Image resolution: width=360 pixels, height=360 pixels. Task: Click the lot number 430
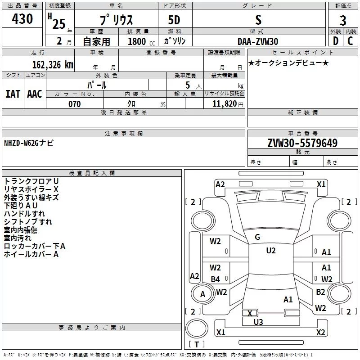(x=23, y=19)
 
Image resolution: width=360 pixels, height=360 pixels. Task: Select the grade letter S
(x=258, y=19)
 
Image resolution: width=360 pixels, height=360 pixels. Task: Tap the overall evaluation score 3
(x=343, y=20)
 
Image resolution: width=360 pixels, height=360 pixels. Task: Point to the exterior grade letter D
(x=335, y=41)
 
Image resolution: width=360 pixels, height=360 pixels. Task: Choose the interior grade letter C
(x=350, y=41)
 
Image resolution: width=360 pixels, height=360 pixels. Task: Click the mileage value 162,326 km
(x=52, y=64)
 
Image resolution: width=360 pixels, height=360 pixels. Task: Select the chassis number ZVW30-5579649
(x=302, y=144)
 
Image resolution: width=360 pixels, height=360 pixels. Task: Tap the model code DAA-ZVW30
(x=258, y=41)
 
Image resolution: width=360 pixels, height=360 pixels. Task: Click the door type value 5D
(x=174, y=20)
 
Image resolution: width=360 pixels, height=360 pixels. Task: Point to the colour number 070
(x=74, y=104)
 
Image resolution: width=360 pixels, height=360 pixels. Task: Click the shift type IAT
(x=13, y=94)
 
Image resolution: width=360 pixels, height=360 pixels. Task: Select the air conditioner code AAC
(x=34, y=94)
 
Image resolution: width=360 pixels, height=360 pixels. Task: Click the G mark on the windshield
(x=257, y=237)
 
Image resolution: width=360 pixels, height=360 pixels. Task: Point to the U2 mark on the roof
(x=270, y=251)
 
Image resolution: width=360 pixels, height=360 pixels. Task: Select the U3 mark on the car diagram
(x=258, y=321)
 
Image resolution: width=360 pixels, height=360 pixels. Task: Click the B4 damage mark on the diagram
(x=216, y=279)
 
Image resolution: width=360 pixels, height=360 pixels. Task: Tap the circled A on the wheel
(x=202, y=294)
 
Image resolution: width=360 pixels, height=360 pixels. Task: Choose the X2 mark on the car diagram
(x=320, y=333)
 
